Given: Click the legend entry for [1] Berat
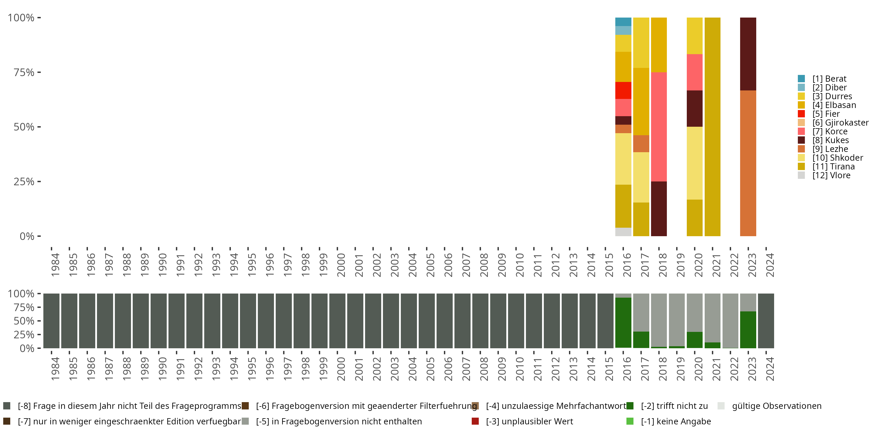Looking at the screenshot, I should pos(829,79).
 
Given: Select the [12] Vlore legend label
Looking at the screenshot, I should pos(831,175).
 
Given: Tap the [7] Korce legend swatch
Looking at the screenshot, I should pos(801,131).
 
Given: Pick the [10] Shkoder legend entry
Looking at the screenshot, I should pos(837,158).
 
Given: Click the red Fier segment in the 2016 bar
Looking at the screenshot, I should pos(623,90).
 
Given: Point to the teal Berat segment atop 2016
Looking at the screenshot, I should pos(623,21).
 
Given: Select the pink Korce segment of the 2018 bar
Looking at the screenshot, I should pos(659,126).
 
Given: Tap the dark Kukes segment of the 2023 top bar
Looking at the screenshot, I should pos(748,54).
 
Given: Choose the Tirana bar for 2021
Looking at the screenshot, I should pos(713,126).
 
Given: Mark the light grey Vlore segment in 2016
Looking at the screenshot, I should pos(623,232).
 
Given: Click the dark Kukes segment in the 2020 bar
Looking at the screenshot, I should pos(694,108).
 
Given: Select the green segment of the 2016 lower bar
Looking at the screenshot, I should pos(623,323).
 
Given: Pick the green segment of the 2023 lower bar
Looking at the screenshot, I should pos(748,329).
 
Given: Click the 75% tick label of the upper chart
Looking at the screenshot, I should pos(24,72).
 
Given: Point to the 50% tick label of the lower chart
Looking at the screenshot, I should pos(24,321).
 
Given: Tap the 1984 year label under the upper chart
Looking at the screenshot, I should pos(55,265).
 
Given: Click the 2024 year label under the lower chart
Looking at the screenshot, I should pos(770,369).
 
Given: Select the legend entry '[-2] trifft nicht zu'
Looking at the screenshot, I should pos(674,406).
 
